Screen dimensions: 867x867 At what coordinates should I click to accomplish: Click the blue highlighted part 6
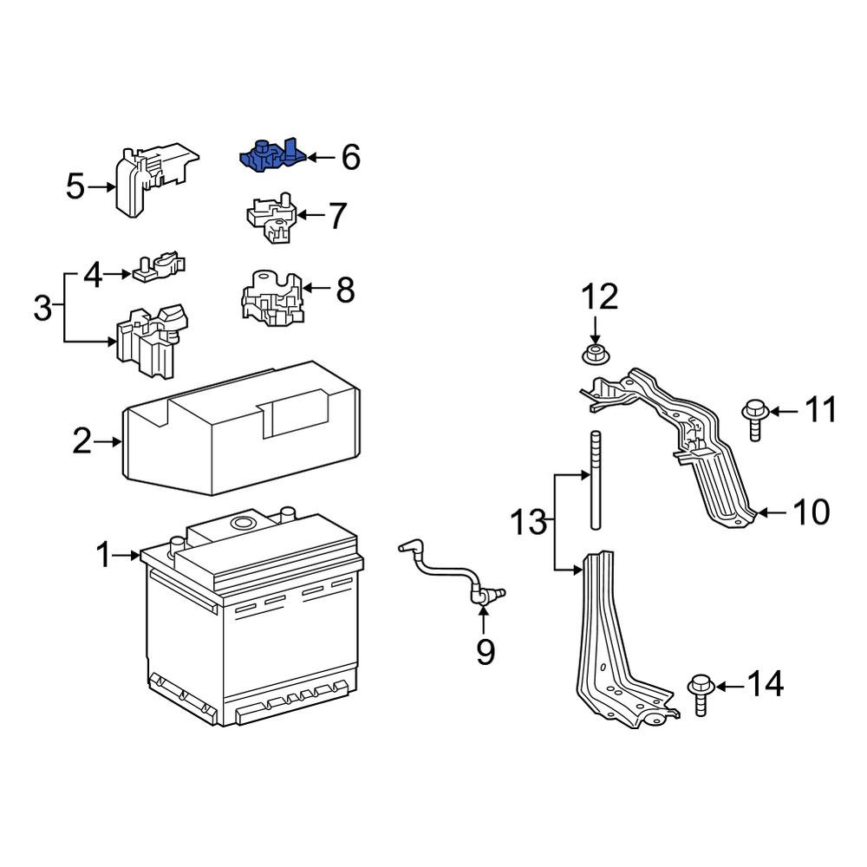pos(271,157)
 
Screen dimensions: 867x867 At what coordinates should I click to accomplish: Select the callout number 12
pos(599,297)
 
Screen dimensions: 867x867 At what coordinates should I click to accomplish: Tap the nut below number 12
pos(595,354)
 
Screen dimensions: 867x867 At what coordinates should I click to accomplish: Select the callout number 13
pos(529,523)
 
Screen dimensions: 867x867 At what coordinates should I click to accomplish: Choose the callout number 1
pos(104,555)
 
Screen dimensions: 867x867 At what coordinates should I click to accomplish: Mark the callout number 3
pos(42,308)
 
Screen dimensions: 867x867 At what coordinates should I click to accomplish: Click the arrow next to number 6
pos(320,158)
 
